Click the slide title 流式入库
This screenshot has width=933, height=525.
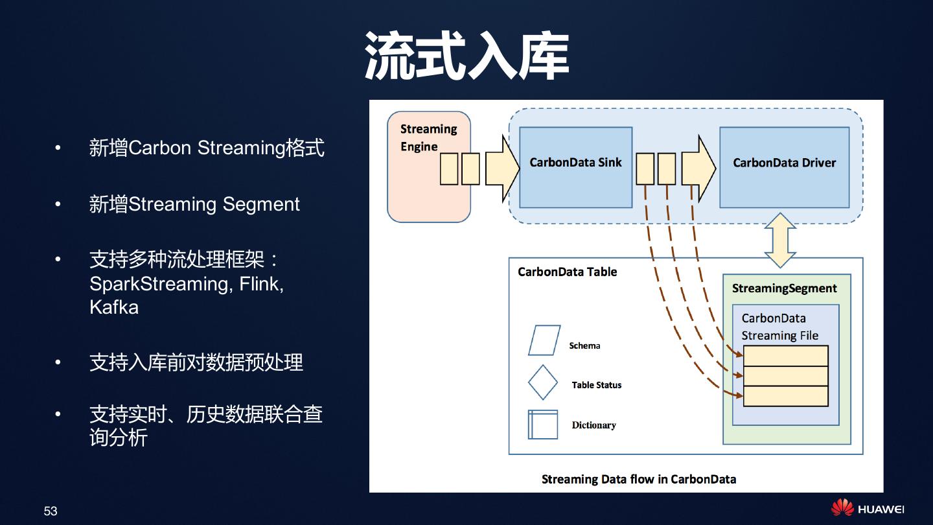point(466,56)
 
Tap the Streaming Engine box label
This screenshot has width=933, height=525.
point(428,137)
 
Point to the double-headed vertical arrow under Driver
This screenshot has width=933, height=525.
point(780,240)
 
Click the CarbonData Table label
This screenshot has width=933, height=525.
point(567,272)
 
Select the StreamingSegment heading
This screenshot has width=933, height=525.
point(784,288)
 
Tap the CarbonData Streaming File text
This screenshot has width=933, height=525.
point(779,327)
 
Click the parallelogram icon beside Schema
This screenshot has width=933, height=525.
point(544,340)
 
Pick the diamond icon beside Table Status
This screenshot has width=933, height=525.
point(543,382)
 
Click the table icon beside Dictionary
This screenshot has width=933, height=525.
point(543,425)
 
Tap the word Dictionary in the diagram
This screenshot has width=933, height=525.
point(593,425)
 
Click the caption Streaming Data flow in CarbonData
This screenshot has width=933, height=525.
point(638,480)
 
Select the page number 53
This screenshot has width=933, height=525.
point(51,511)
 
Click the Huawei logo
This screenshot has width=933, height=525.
point(868,509)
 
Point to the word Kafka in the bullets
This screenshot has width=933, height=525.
point(114,307)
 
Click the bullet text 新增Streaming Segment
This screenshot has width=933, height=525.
point(194,204)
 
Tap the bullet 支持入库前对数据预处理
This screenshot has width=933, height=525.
point(196,362)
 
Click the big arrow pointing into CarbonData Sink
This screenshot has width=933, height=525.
point(502,169)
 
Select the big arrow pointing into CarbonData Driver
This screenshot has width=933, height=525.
point(698,169)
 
